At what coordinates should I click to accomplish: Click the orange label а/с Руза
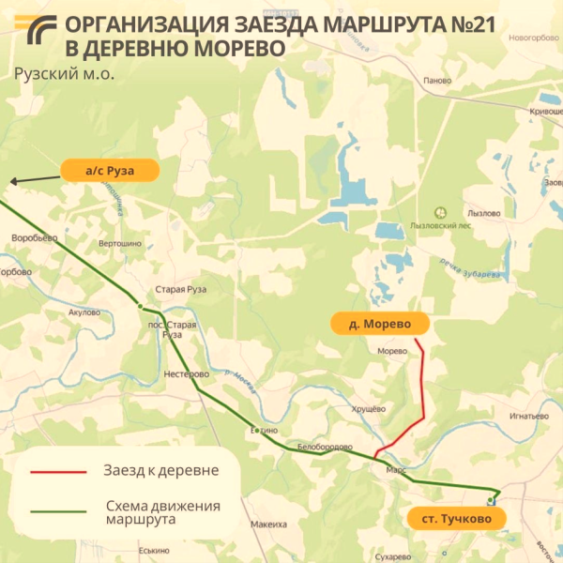pyautogui.click(x=111, y=171)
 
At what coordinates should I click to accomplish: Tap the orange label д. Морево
pyautogui.click(x=380, y=324)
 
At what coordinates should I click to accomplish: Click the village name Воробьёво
pyautogui.click(x=35, y=238)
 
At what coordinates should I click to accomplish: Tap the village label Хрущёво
pyautogui.click(x=369, y=408)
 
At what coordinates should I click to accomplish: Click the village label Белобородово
pyautogui.click(x=325, y=447)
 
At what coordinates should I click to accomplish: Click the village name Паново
pyautogui.click(x=437, y=81)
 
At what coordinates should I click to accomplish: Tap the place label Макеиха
pyautogui.click(x=268, y=525)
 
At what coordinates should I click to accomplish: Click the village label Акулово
pyautogui.click(x=84, y=312)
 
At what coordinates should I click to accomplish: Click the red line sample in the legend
pyautogui.click(x=58, y=471)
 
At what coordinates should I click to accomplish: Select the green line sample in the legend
pyautogui.click(x=58, y=511)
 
